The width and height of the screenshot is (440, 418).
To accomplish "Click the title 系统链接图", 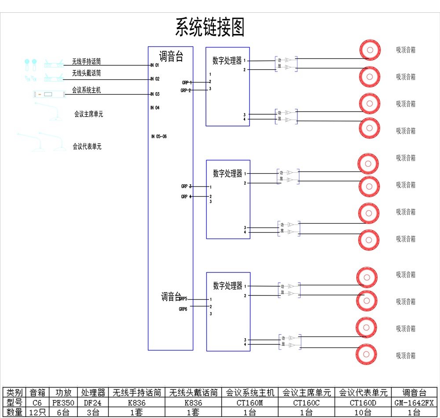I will tap(210, 27).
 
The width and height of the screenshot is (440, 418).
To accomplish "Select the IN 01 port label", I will tap(154, 65).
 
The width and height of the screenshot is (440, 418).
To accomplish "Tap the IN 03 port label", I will tap(154, 94).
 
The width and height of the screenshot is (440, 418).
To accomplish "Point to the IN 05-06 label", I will tap(159, 136).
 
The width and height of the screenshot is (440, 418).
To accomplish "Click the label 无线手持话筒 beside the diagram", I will tap(87, 62).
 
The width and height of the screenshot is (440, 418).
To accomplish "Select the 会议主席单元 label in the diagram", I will tap(89, 114).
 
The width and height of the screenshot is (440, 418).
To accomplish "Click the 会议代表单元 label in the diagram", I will tap(87, 146).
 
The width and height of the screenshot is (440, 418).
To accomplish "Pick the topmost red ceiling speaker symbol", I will tap(369, 50).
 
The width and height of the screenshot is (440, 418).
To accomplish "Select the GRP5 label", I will tap(183, 299).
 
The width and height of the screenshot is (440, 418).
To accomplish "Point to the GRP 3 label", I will tap(186, 187).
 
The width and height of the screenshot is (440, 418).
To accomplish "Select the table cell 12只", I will tap(37, 412).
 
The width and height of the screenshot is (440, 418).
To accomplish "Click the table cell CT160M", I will tap(250, 403).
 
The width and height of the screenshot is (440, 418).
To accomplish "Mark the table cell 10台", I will tap(363, 412).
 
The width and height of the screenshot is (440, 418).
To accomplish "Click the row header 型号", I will tap(15, 403).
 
